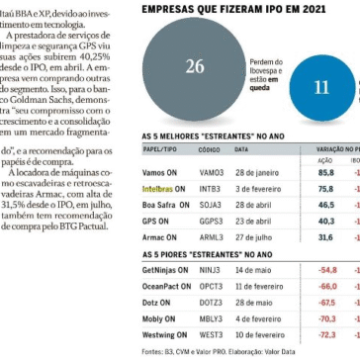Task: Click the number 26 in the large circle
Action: tap(195, 67)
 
